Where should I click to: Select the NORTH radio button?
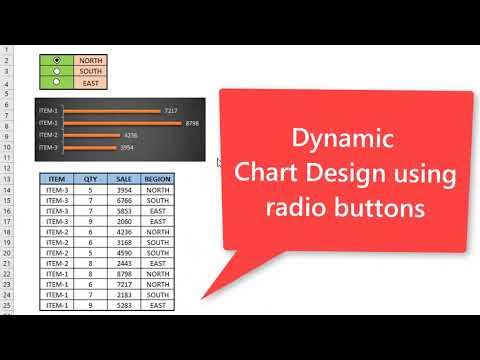coord(56,60)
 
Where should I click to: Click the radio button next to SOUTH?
coord(56,71)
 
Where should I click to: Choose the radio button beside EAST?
coord(56,83)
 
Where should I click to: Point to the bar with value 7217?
coord(111,111)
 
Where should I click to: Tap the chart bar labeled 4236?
coord(91,135)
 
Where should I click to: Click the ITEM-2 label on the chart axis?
coord(48,135)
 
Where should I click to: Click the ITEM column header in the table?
coord(56,179)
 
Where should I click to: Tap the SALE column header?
coord(124,179)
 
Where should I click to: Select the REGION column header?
coord(157,179)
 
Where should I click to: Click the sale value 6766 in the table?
coord(124,200)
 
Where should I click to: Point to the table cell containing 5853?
coord(124,211)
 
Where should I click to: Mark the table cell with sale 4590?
coord(124,253)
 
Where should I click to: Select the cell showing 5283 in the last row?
coord(124,305)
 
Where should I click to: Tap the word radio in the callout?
coord(295,208)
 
